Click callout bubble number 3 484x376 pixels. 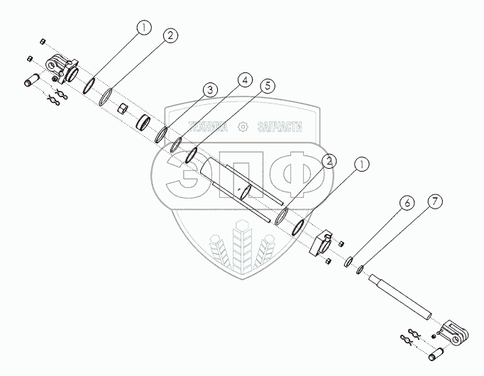pos(209,91)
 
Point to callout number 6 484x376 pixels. pos(407,203)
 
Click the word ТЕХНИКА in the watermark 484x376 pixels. pos(206,127)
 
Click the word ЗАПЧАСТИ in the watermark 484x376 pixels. pos(277,127)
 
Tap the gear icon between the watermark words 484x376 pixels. pos(243,127)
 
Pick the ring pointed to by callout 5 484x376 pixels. pos(192,155)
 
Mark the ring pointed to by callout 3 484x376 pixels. pos(162,134)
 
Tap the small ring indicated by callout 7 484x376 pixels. pos(361,269)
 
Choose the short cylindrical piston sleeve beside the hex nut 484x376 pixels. pos(144,122)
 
